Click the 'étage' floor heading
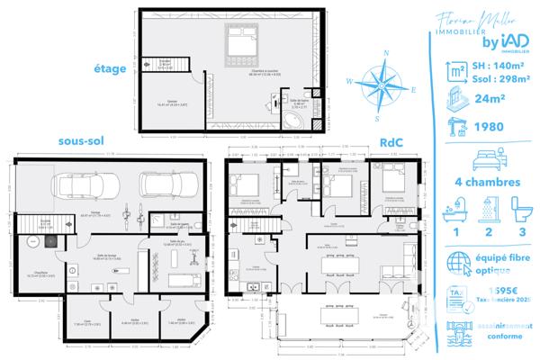110,67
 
